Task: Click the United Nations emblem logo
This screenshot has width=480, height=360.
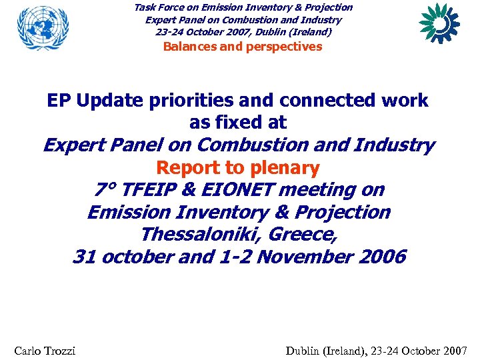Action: (43, 27)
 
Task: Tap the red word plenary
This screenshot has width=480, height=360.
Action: (283, 167)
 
